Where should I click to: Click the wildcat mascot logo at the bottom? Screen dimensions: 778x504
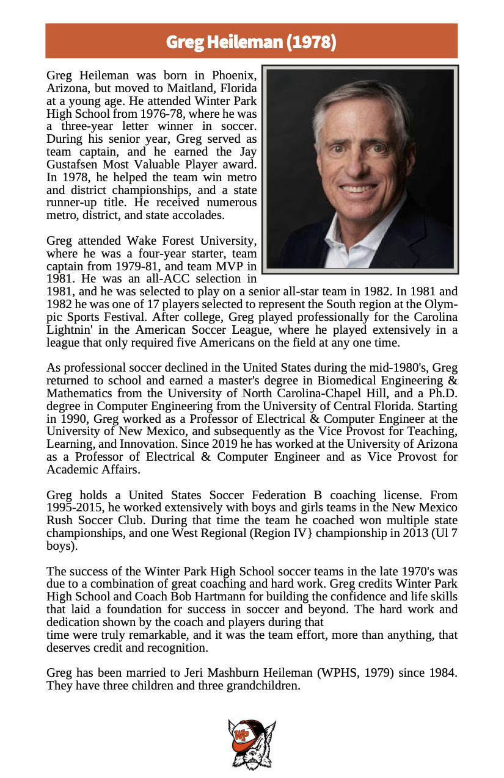[252, 743]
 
